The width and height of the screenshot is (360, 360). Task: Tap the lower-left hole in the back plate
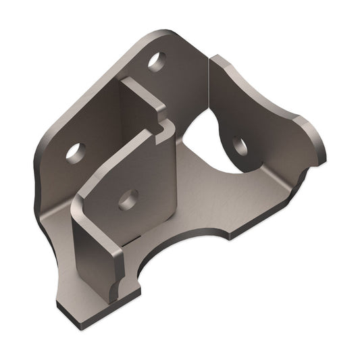(75, 150)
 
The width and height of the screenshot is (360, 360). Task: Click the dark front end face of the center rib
(88, 257)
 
